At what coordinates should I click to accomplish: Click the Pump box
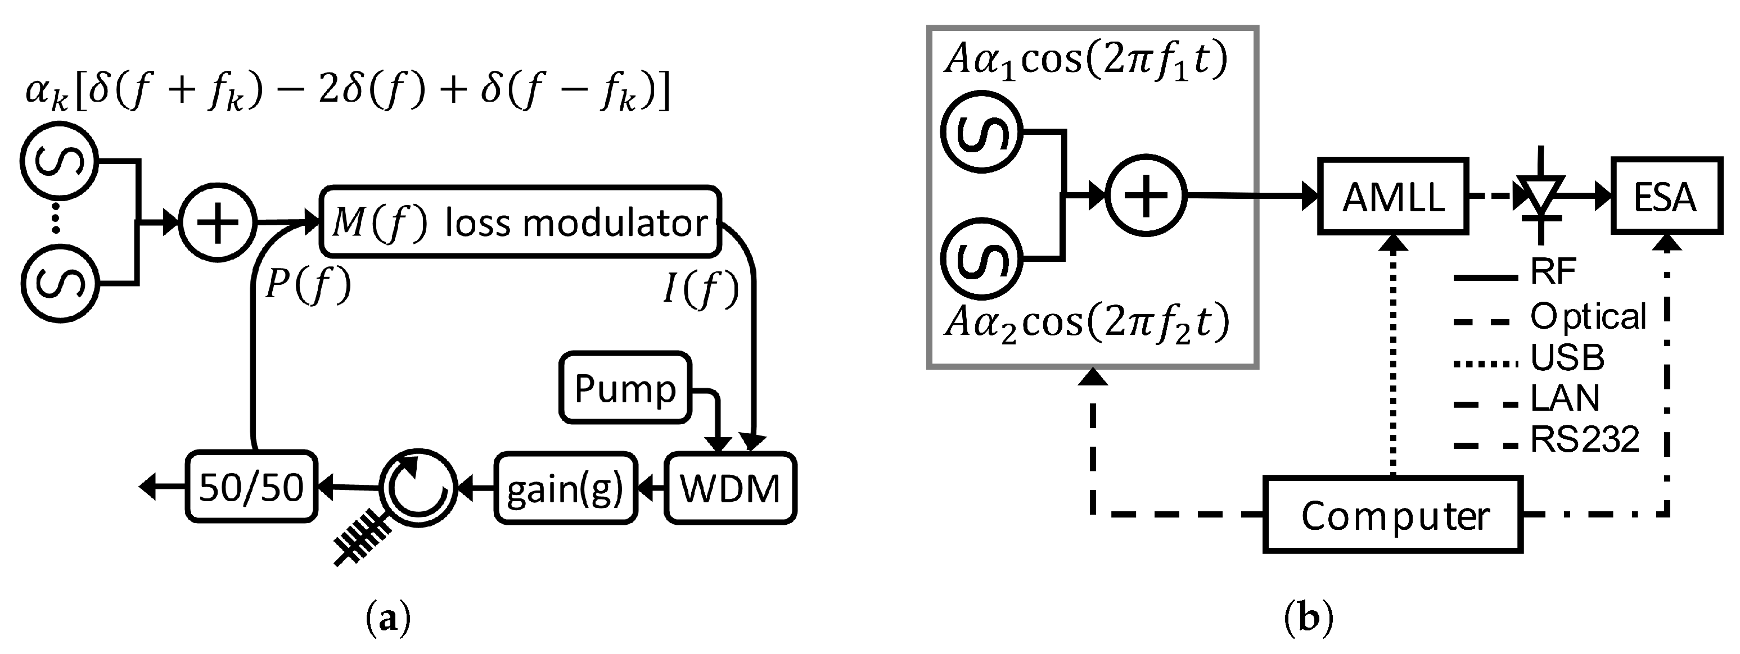coord(625,388)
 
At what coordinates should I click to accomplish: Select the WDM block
coord(729,488)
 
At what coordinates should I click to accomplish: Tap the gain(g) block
coord(565,488)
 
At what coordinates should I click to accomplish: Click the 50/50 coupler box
coord(251,487)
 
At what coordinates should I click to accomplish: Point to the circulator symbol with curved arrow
coord(418,487)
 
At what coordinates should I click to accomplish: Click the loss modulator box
coord(520,222)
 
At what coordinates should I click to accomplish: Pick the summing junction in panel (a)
coord(218,222)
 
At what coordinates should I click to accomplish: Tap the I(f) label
coord(701,290)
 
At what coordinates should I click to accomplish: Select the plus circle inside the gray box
coord(1146,196)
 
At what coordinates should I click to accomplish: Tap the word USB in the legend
coord(1567,358)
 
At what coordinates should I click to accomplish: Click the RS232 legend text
coord(1585,440)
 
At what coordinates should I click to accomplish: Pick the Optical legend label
coord(1588,316)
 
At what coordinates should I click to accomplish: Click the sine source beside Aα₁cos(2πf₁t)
coord(981,131)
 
